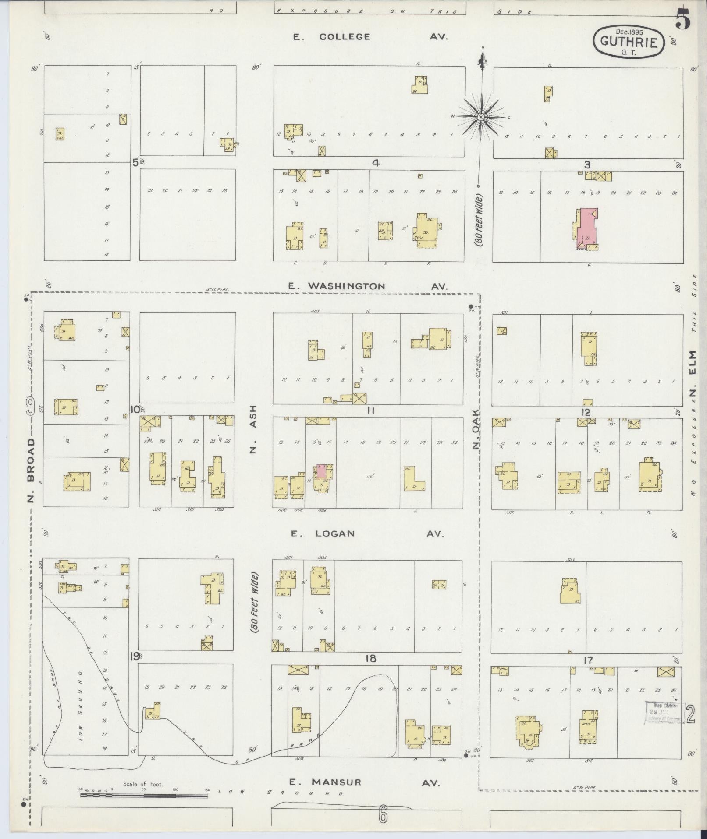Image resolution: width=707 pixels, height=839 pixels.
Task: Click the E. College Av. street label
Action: pos(370,37)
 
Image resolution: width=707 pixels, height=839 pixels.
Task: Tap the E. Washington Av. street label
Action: pos(367,286)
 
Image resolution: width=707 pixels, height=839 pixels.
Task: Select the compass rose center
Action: pos(480,117)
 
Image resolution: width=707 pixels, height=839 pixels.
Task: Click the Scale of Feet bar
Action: pos(145,794)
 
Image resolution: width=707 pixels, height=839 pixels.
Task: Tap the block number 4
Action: pos(376,163)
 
